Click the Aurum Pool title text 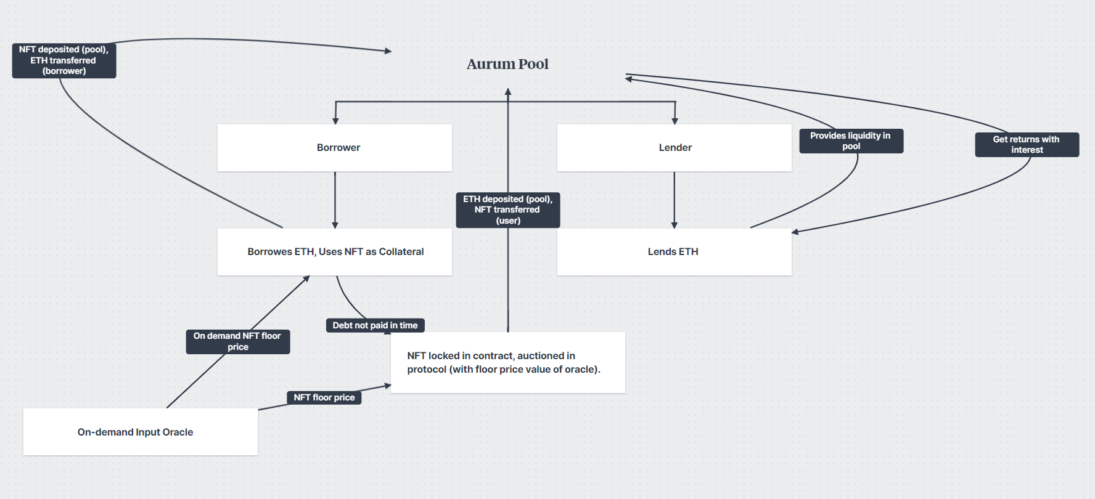tap(507, 64)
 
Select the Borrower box tap(335, 148)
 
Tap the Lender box tap(674, 148)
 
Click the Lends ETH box tap(674, 252)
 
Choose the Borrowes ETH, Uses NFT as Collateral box tap(335, 252)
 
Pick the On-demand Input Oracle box tap(140, 432)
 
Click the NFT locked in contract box tap(507, 363)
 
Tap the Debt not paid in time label tap(375, 325)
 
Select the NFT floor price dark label tap(324, 397)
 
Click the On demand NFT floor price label tap(237, 341)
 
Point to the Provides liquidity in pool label tap(851, 141)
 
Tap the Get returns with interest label tap(1027, 145)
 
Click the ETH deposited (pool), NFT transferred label tap(507, 210)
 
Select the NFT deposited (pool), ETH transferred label tap(64, 60)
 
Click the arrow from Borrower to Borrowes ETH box tap(335, 200)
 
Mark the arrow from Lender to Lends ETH tap(674, 200)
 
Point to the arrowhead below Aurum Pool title tap(508, 92)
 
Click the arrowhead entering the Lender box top tap(675, 121)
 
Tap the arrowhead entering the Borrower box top tap(335, 121)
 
